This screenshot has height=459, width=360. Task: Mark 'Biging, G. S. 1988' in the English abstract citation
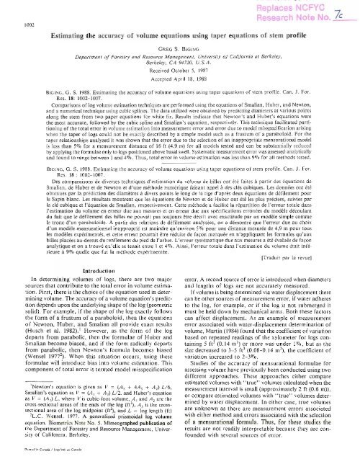click(36, 89)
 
